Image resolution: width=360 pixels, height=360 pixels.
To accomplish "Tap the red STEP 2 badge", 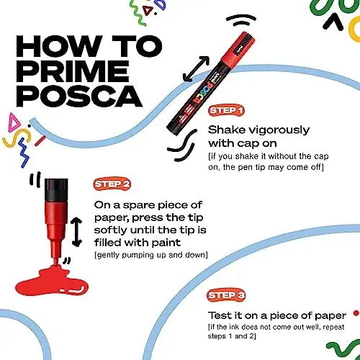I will tap(109, 184).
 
